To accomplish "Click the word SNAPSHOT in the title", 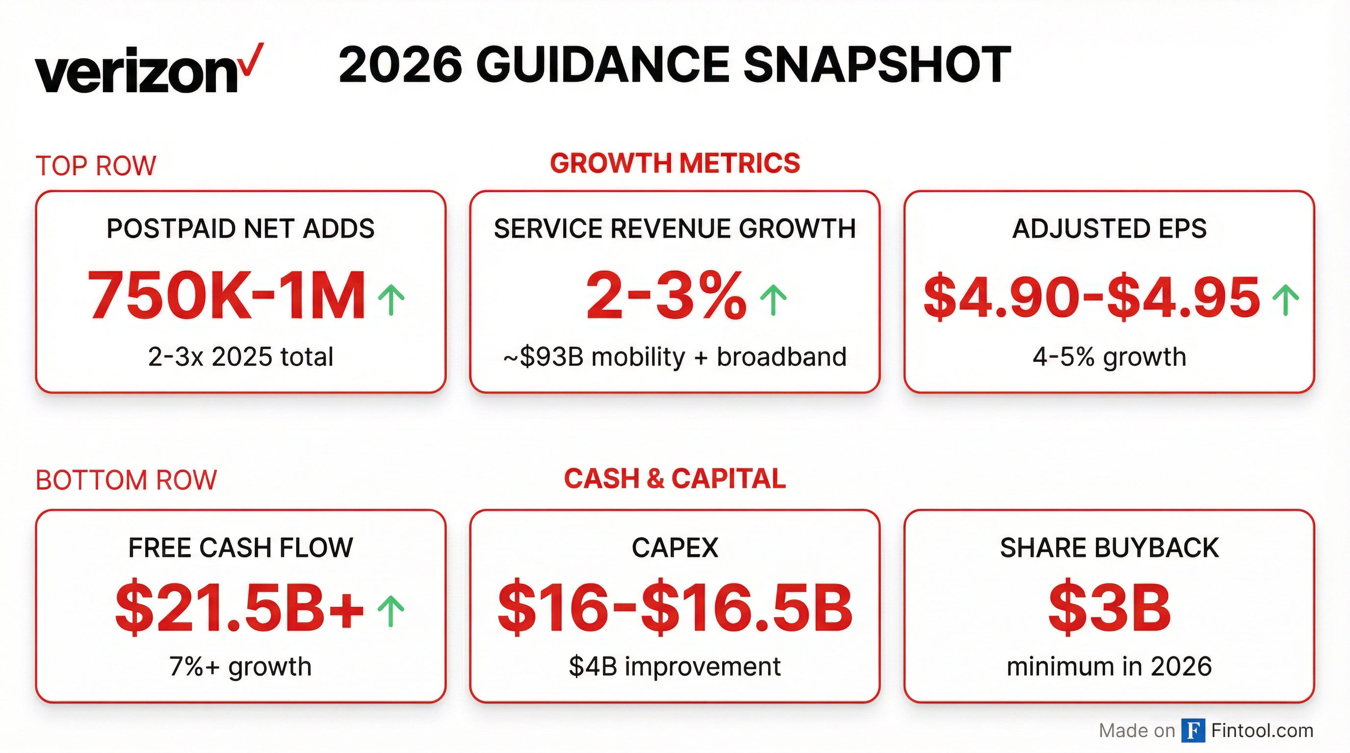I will click(x=877, y=66).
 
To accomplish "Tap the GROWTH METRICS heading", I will click(x=675, y=163).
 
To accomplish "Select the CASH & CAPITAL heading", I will click(x=675, y=478).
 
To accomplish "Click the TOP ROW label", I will click(x=96, y=166).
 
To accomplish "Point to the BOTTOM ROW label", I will click(x=126, y=480).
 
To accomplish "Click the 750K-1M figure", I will click(x=227, y=296).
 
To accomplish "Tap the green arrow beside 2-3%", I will click(x=774, y=300).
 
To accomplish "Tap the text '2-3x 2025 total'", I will click(x=240, y=357).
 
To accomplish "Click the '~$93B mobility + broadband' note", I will click(x=675, y=357).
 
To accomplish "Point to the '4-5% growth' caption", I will click(x=1109, y=357).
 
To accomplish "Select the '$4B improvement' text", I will click(x=675, y=667).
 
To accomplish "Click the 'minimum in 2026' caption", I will click(x=1109, y=667).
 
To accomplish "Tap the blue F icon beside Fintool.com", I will click(x=1194, y=730).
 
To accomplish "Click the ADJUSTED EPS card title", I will click(x=1109, y=229).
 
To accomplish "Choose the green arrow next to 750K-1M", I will click(x=391, y=300).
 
